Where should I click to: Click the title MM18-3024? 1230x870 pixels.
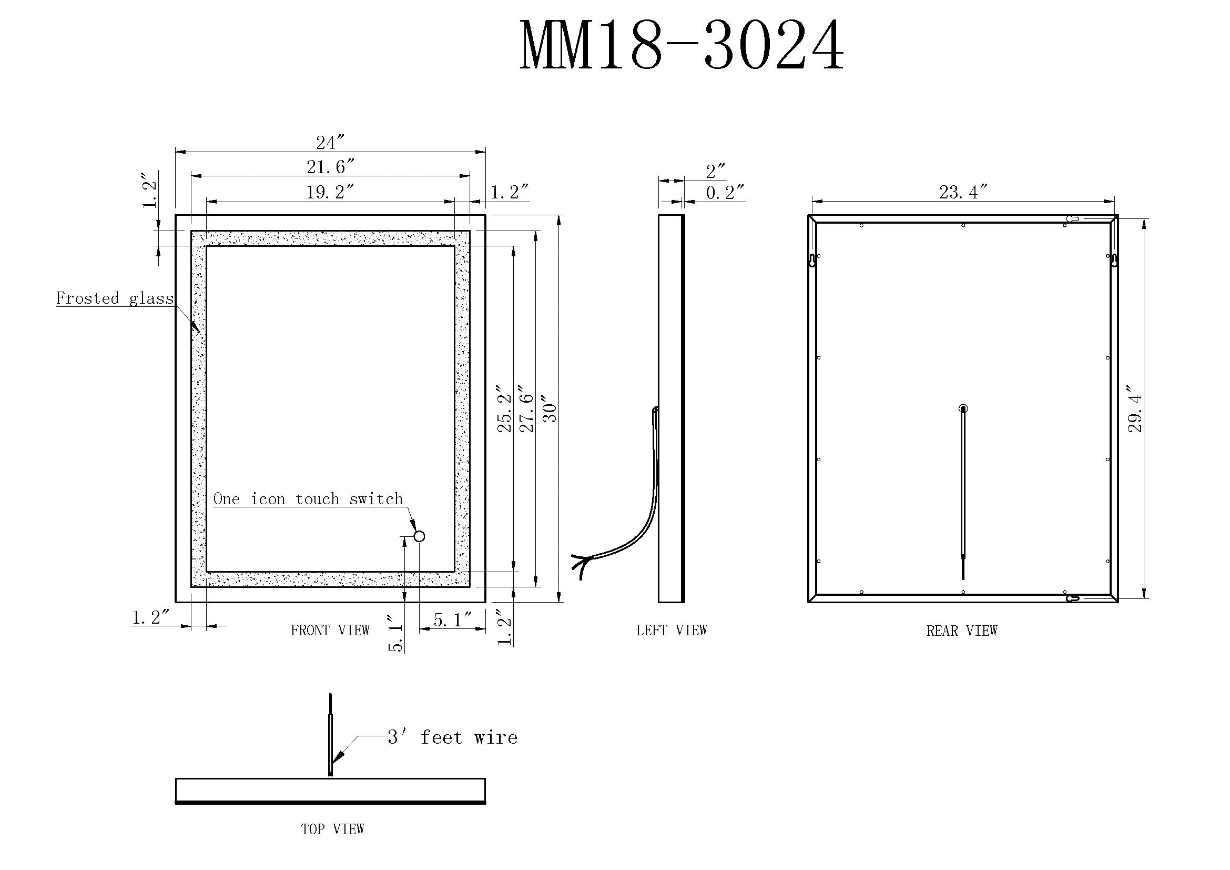click(682, 46)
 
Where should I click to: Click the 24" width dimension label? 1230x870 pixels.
click(330, 143)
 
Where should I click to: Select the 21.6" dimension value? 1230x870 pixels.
click(331, 167)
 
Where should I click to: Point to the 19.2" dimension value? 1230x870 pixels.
click(330, 192)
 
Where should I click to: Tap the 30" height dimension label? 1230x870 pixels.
click(550, 409)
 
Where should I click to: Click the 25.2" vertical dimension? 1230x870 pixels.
click(505, 408)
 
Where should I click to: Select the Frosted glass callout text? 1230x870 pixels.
click(115, 298)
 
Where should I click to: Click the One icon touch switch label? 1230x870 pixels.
click(308, 498)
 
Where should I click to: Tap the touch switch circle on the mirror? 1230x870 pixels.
click(419, 536)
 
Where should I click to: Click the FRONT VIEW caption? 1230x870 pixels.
click(330, 630)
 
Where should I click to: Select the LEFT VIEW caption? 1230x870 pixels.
click(671, 630)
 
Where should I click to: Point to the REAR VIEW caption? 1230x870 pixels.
click(962, 631)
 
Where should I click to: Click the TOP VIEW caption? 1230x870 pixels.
click(333, 829)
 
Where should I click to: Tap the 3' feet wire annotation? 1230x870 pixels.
click(453, 737)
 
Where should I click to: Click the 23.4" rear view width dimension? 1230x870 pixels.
click(963, 192)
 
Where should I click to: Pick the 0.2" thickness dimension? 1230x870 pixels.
click(725, 192)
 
